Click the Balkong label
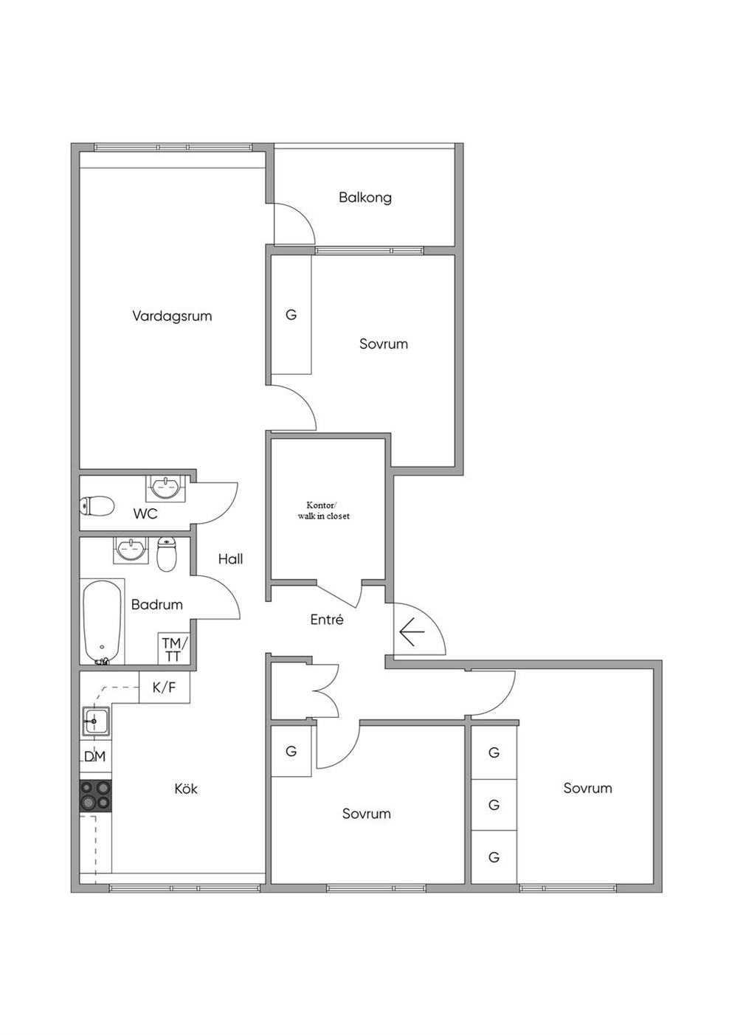(365, 198)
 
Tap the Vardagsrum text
(172, 316)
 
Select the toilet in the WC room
(97, 505)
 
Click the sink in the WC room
(166, 488)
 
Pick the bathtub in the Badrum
(103, 622)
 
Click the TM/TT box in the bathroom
(173, 648)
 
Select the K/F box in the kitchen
(165, 688)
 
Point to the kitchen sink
(96, 721)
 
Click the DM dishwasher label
(95, 756)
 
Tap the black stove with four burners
(96, 796)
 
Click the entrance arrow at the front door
(412, 632)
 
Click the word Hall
(231, 559)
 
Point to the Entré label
(327, 620)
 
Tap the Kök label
(186, 789)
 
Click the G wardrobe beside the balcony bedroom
(291, 315)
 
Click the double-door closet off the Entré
(304, 690)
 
